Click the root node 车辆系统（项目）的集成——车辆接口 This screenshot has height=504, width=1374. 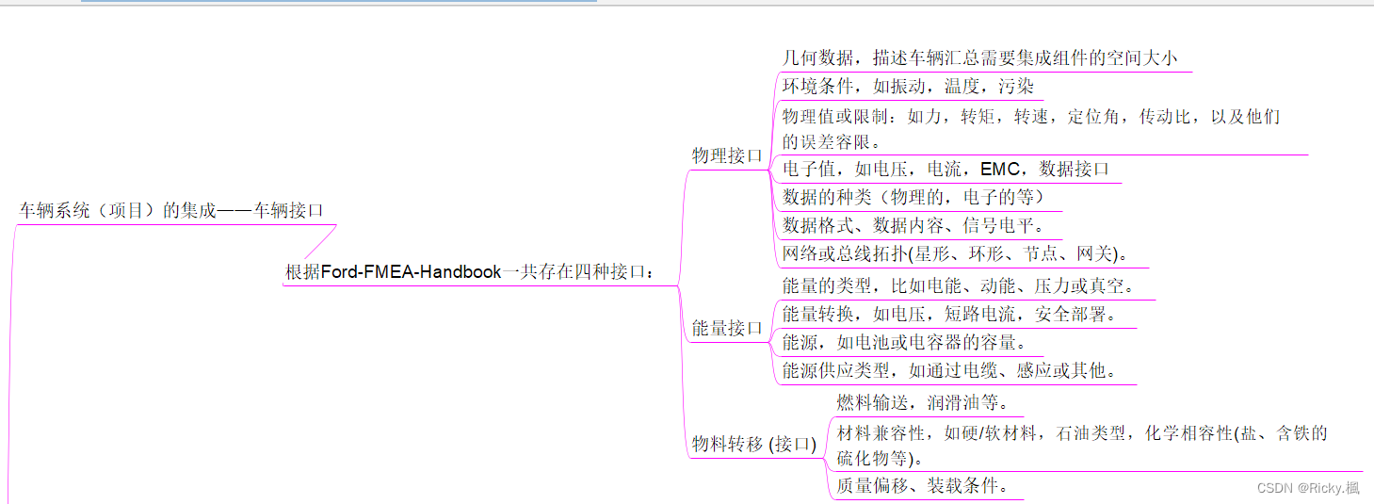[x=171, y=210]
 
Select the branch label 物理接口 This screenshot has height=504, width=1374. [x=727, y=155]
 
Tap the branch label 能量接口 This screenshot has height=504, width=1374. [x=727, y=328]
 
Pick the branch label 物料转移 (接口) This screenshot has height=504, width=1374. [x=754, y=444]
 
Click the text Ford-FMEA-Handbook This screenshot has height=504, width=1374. [x=412, y=272]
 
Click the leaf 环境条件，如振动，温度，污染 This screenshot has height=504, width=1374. [x=908, y=87]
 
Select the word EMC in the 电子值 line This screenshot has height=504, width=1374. [x=1000, y=170]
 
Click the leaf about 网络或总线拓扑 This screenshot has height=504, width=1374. [x=955, y=253]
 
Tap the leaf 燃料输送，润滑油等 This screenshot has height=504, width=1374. [x=923, y=402]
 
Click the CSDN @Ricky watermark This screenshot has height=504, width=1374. [x=1308, y=487]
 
